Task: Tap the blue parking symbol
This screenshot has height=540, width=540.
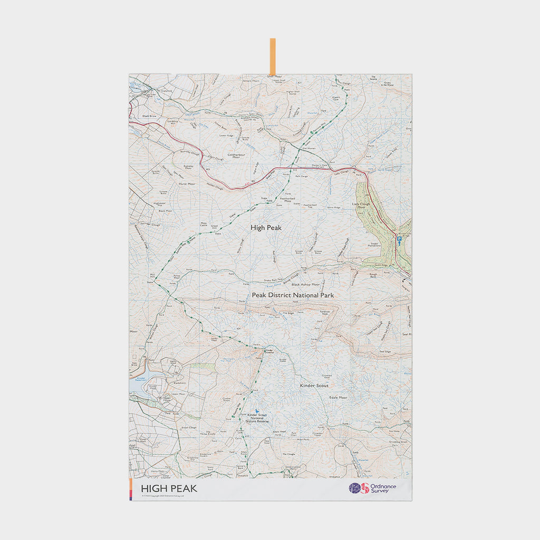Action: click(x=399, y=239)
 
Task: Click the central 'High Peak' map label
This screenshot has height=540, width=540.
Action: click(x=266, y=227)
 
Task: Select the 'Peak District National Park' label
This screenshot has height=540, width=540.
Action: click(x=293, y=295)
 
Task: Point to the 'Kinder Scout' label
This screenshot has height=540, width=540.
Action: click(x=314, y=385)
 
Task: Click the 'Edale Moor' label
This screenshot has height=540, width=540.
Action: click(x=338, y=397)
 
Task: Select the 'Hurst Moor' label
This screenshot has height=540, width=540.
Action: click(x=187, y=184)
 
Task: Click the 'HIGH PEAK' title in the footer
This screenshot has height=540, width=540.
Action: click(x=169, y=489)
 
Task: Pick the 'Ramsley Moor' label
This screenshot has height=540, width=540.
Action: click(x=188, y=166)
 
